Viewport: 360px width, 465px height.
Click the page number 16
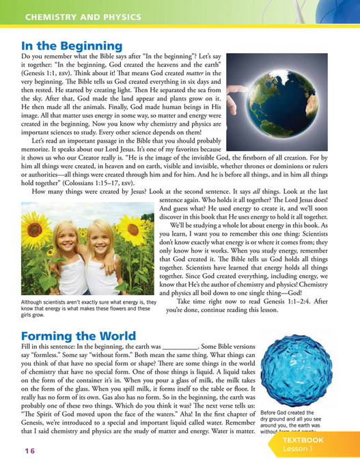29,451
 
